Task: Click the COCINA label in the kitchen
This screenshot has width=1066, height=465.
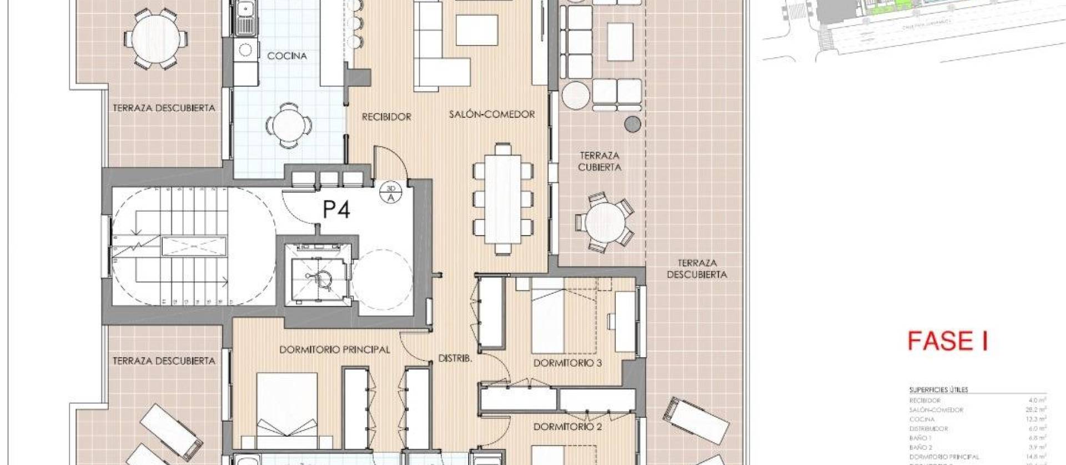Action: tap(286, 56)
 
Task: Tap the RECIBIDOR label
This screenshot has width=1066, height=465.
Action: tap(386, 117)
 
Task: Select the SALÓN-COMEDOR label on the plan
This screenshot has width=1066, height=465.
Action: tap(492, 114)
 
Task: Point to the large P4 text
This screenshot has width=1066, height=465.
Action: tap(336, 210)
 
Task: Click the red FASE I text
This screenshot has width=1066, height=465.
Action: tap(947, 341)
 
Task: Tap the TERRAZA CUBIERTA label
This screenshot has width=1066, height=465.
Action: tap(599, 162)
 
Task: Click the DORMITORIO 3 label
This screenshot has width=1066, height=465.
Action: tap(567, 363)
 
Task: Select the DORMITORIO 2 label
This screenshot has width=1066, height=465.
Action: tap(567, 427)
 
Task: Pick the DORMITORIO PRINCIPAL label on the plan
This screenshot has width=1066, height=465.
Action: tap(334, 350)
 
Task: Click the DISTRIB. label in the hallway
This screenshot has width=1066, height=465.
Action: tap(455, 359)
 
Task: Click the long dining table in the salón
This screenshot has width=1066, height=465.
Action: tap(502, 198)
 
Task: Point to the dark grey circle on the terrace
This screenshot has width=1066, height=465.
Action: tap(632, 124)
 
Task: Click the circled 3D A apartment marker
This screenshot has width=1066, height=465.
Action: tap(390, 193)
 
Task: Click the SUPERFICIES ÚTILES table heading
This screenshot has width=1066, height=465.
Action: tap(938, 390)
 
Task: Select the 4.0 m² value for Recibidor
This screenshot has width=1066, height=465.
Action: tap(1037, 400)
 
